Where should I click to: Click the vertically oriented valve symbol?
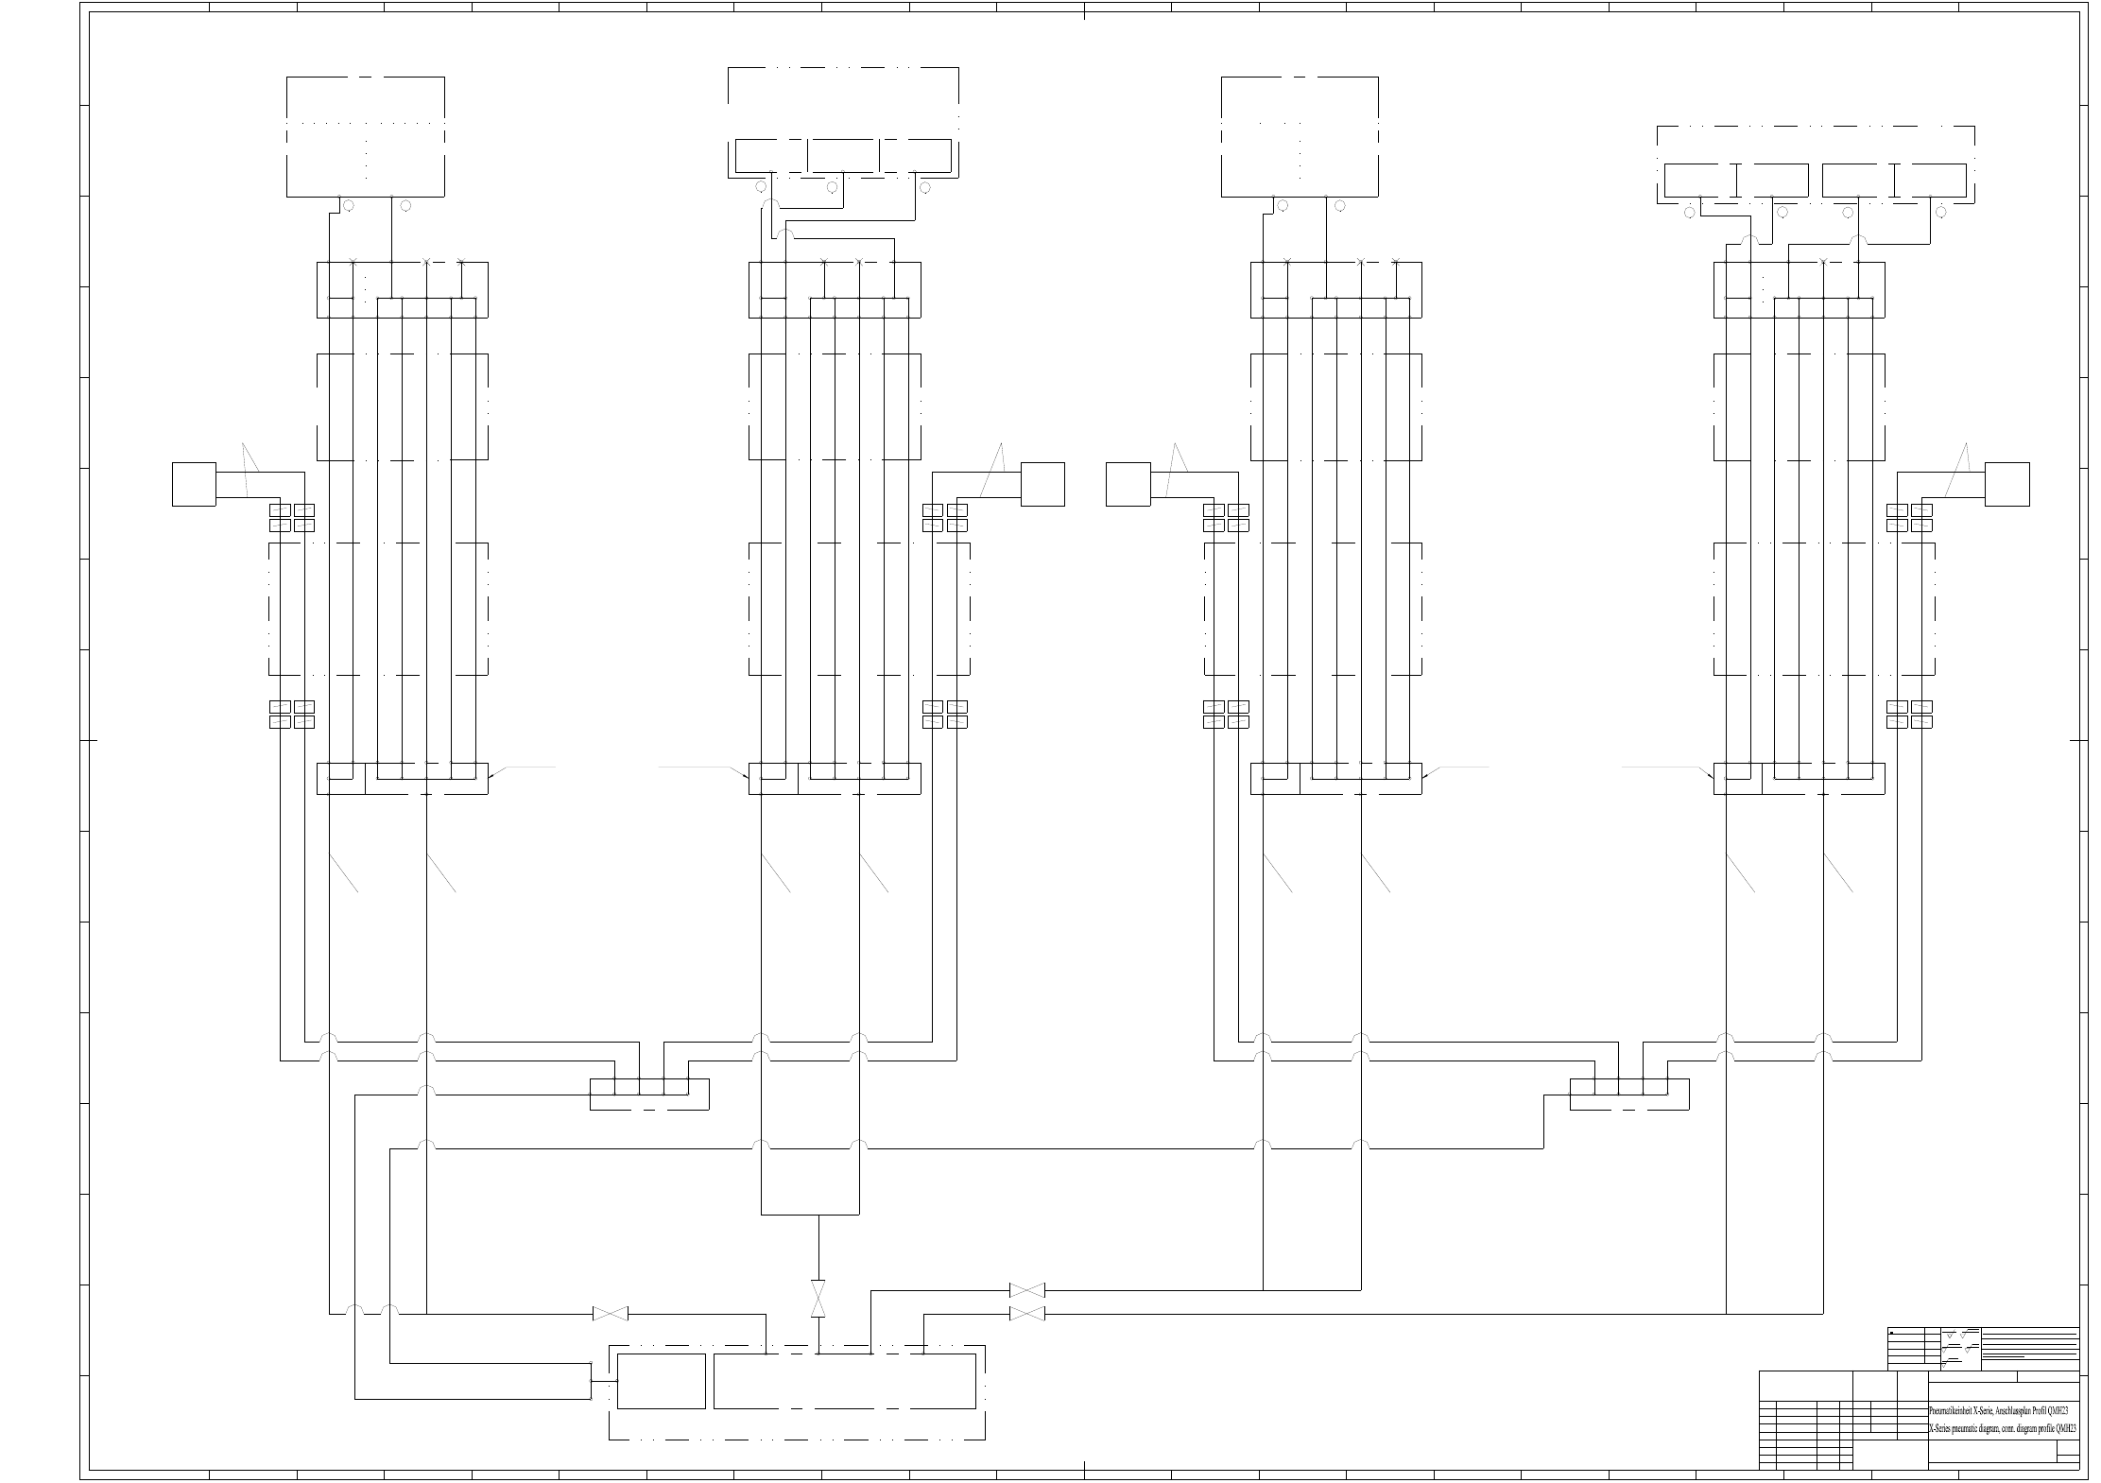tap(818, 1300)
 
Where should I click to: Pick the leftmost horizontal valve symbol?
tap(610, 1314)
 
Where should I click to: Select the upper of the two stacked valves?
tap(1026, 1290)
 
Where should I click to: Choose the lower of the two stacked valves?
tap(1026, 1314)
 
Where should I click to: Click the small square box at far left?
tap(194, 484)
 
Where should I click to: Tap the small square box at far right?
tap(2007, 484)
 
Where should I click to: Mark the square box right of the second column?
tap(1042, 484)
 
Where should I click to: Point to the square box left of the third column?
tap(1128, 484)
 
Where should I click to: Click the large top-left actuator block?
tap(366, 137)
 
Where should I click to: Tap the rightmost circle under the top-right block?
tap(1941, 213)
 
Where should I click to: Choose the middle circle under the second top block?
tap(833, 187)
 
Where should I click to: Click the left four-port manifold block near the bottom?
tap(649, 1094)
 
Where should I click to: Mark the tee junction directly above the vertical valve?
tap(818, 1214)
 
